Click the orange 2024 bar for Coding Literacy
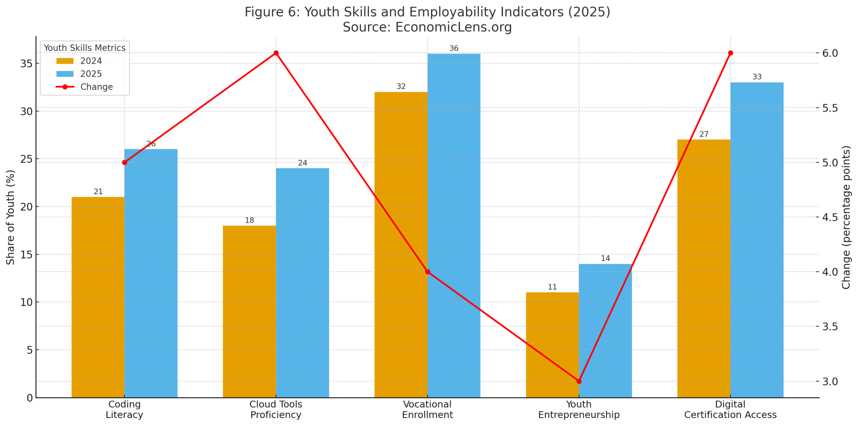[98, 297]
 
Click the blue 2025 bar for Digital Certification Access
[756, 240]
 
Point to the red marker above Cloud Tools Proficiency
[276, 53]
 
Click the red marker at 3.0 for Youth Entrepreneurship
[579, 381]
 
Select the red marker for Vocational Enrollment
[427, 271]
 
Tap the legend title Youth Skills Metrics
[84, 48]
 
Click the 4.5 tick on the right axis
[830, 217]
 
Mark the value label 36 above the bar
[453, 48]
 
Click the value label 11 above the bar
[552, 287]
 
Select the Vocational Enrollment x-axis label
[427, 409]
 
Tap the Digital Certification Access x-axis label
[730, 409]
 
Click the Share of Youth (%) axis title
[10, 217]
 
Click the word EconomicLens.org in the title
[453, 27]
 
